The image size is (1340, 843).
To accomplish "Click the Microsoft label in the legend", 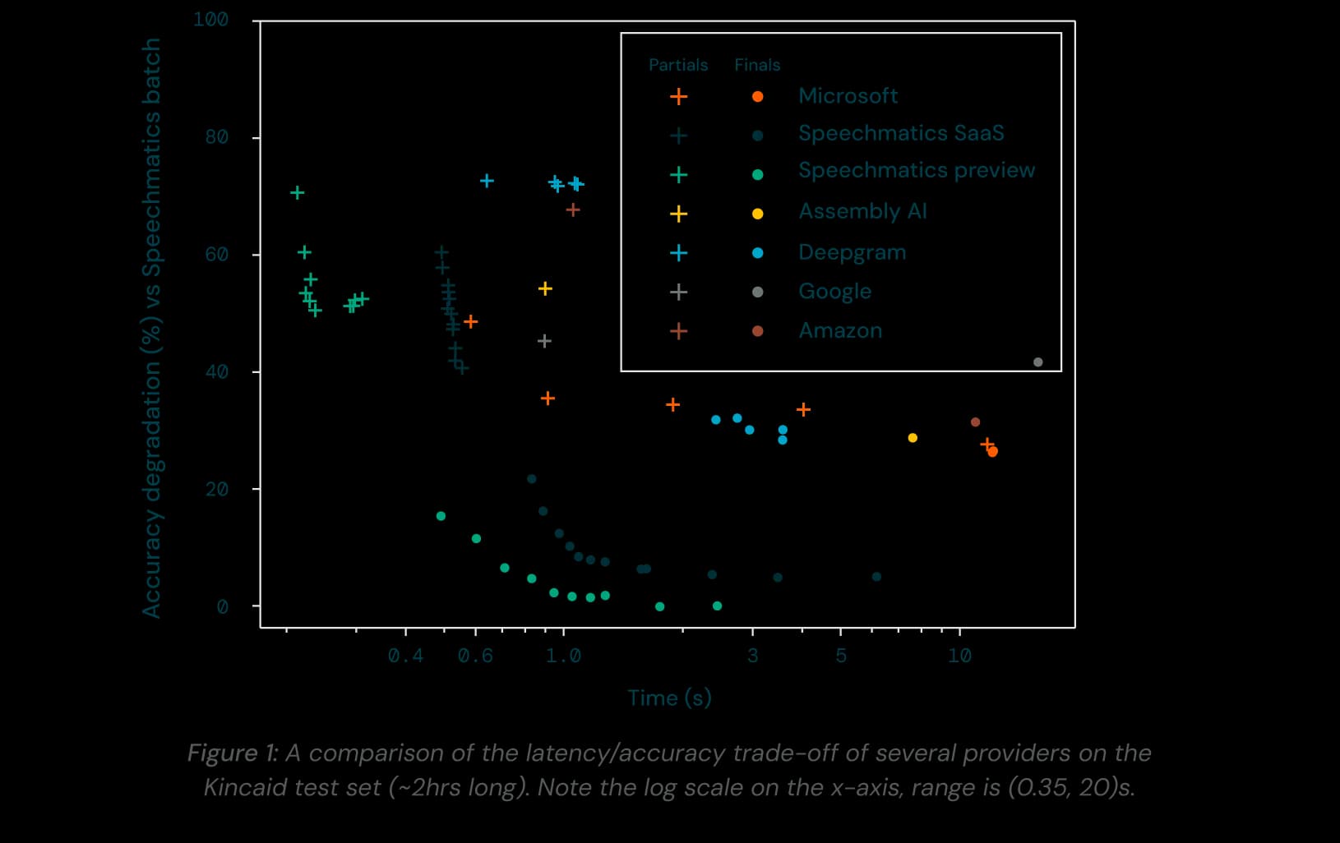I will click(x=848, y=96).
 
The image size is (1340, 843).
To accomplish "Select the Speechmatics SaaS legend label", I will click(x=900, y=133).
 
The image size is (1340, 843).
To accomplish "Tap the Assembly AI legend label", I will click(x=862, y=212).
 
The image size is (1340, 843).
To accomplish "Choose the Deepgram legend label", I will click(x=852, y=252).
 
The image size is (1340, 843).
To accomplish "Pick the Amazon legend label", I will click(x=840, y=331).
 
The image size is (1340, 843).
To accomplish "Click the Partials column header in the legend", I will click(x=677, y=65).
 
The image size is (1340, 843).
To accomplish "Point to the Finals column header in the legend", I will click(x=756, y=65).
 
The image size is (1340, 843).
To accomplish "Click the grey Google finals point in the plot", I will click(x=1037, y=362).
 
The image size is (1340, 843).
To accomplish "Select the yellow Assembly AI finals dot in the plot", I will click(x=913, y=438).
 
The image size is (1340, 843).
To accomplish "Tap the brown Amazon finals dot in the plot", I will click(x=975, y=422).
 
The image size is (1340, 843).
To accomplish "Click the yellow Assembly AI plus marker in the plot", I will click(x=544, y=289).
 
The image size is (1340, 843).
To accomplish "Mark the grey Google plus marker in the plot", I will click(x=543, y=341).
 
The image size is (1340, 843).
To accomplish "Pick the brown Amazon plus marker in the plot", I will click(x=573, y=210).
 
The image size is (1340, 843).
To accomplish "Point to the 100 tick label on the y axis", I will click(x=210, y=20).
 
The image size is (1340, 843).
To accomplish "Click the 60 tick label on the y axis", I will click(x=216, y=255).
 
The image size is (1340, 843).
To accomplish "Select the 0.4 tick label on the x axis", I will click(x=405, y=656).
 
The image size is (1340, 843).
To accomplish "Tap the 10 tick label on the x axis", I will click(x=959, y=656).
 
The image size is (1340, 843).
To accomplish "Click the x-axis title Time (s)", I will click(x=669, y=698).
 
